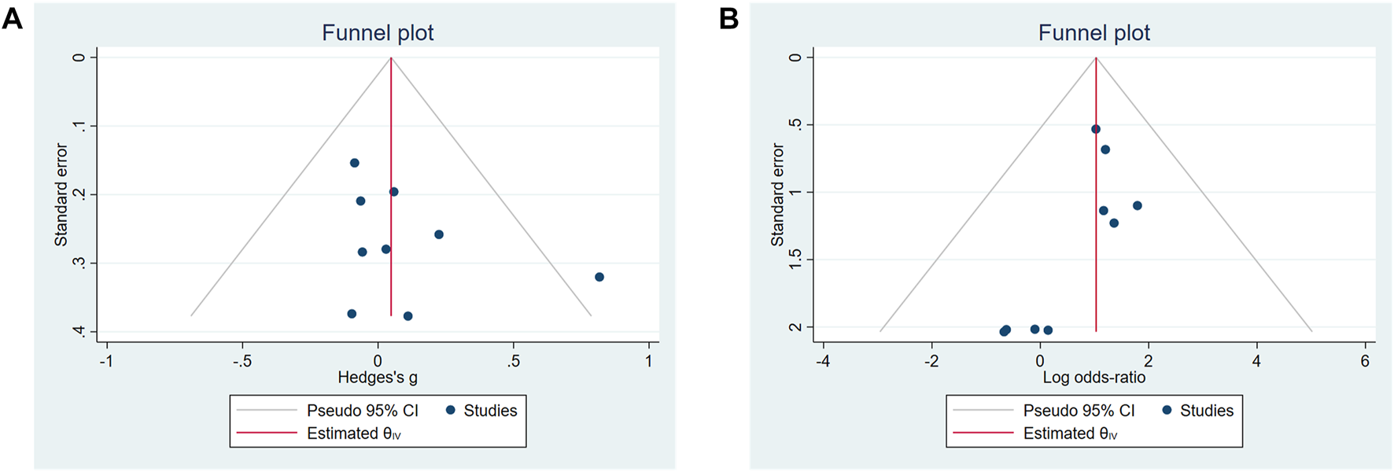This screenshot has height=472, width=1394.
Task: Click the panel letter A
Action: (x=12, y=18)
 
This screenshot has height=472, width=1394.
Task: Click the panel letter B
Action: (x=728, y=18)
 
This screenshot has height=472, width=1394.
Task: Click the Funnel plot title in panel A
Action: (x=378, y=33)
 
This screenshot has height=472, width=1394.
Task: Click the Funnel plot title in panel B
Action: (x=1093, y=33)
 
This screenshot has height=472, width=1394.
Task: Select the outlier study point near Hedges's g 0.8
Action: (x=599, y=277)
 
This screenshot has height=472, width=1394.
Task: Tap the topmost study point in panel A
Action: (x=355, y=163)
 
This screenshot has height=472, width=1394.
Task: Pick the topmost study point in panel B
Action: (x=1096, y=129)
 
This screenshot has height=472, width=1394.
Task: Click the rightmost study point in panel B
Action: (x=1138, y=205)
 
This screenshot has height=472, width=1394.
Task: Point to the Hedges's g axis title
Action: (x=378, y=378)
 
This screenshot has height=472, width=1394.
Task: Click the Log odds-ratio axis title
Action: (x=1093, y=378)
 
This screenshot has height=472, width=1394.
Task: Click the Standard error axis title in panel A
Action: (x=61, y=194)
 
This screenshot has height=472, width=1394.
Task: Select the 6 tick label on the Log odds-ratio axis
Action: (x=1365, y=361)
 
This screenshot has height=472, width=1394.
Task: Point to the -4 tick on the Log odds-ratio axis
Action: (x=823, y=361)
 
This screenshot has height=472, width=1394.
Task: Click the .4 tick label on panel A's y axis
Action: (x=79, y=331)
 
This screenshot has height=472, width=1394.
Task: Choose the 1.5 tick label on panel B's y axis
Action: (x=795, y=260)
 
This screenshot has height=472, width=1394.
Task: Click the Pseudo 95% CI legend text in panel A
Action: (x=363, y=411)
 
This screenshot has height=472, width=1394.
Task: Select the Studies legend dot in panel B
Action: (x=1167, y=410)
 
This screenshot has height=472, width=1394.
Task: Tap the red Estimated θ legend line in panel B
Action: (x=983, y=433)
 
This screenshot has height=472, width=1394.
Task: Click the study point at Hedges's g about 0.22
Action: (x=439, y=234)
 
